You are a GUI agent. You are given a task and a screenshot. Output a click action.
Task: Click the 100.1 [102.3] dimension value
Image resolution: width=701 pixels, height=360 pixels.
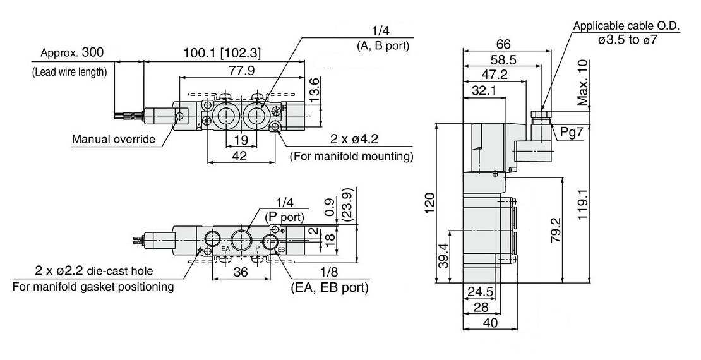tap(222, 53)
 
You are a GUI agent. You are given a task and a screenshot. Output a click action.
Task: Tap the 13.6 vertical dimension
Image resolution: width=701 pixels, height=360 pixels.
tap(315, 90)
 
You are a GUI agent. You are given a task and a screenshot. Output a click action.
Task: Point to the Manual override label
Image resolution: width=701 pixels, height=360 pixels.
tap(114, 139)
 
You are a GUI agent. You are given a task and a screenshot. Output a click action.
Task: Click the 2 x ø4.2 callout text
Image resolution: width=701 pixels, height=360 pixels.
tap(354, 139)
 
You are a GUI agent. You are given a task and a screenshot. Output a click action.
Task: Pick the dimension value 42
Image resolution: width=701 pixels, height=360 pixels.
tap(241, 155)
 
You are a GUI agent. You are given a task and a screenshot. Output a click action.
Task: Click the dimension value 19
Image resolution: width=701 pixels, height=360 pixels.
tap(241, 140)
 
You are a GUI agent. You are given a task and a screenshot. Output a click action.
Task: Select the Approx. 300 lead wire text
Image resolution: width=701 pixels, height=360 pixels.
tap(72, 53)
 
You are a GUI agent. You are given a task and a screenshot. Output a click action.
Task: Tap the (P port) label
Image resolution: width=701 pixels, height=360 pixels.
tap(285, 218)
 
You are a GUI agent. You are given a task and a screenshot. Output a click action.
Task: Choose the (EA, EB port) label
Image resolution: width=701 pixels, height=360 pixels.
tap(330, 287)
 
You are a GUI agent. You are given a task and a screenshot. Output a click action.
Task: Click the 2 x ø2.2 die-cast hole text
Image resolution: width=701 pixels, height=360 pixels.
tap(94, 270)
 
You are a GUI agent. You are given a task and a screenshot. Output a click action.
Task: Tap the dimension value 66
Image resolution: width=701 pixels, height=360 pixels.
tap(503, 44)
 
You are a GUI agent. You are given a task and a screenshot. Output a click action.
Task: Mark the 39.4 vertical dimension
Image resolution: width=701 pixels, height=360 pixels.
tap(443, 255)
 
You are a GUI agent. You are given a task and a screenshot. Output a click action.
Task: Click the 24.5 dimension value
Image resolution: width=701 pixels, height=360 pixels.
tap(480, 292)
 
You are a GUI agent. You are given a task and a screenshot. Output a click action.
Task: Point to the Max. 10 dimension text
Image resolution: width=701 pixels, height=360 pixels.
tap(582, 83)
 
